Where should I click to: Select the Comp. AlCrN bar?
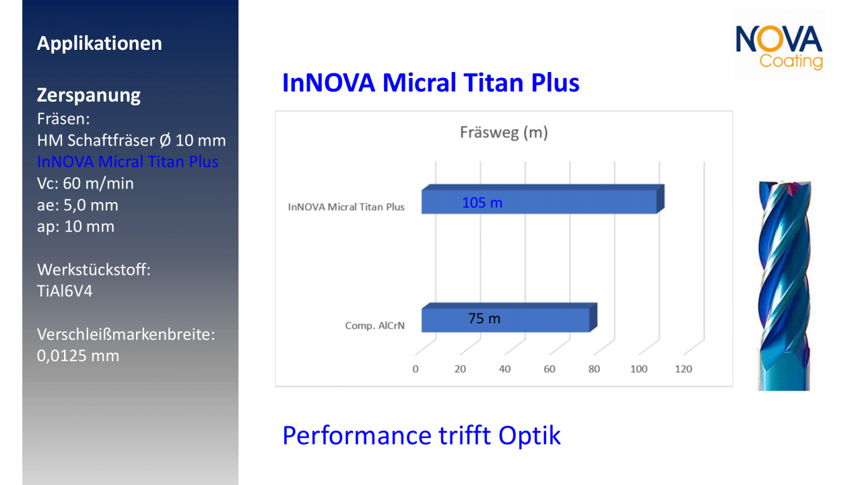539,319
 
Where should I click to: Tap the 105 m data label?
482,202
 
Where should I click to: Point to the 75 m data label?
484,319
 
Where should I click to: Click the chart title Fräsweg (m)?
504,132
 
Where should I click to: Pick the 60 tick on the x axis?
550,369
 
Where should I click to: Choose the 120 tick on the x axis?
684,369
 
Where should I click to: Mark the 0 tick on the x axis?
416,369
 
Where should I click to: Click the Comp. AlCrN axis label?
374,326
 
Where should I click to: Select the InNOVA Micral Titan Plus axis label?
346,207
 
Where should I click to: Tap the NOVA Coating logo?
778,46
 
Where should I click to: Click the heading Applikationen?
99,44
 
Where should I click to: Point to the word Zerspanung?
88,95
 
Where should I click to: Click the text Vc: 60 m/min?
86,183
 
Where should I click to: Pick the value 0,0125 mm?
77,356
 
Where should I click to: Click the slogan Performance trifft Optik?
421,435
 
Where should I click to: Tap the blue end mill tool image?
783,286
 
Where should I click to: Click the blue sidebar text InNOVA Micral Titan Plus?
127,162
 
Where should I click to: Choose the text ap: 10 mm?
75,226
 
